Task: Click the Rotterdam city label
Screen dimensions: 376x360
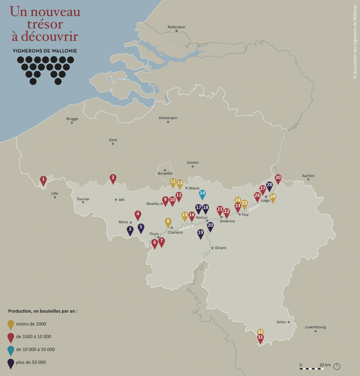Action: (x=176, y=27)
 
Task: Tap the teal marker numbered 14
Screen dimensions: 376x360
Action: (x=202, y=194)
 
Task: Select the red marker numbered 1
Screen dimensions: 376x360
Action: (x=43, y=180)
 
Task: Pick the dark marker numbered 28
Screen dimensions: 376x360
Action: (x=269, y=185)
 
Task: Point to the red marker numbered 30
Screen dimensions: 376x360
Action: (x=278, y=178)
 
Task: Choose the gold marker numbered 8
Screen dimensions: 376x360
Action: (x=168, y=222)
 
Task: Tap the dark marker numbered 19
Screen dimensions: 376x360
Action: (x=201, y=233)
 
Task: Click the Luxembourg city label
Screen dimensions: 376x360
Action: (x=315, y=327)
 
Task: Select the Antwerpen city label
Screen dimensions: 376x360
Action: (x=168, y=118)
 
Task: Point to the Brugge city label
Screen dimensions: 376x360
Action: (x=72, y=119)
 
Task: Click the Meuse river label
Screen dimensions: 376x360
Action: (x=254, y=207)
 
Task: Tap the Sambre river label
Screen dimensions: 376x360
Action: (x=187, y=228)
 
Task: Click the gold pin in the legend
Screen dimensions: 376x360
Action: (x=11, y=324)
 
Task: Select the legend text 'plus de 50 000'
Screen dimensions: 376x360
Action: (x=31, y=362)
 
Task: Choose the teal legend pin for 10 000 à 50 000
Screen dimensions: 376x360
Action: (x=11, y=350)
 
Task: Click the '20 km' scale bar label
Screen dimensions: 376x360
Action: (x=325, y=365)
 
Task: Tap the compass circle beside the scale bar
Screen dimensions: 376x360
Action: (x=337, y=366)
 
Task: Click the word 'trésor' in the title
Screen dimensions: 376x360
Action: (x=45, y=24)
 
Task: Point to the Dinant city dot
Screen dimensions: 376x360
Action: (x=212, y=248)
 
